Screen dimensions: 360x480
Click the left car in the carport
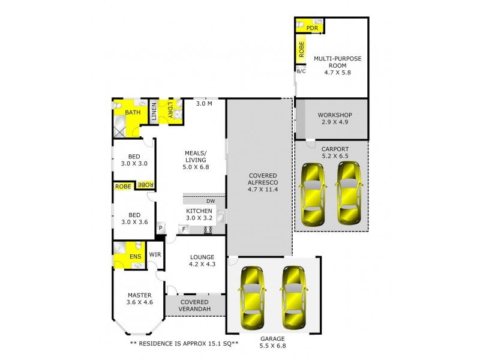[313, 193]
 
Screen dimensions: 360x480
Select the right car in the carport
[348, 193]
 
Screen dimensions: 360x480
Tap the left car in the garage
[253, 298]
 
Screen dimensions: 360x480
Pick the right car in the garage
[293, 298]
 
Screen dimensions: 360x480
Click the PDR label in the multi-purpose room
[311, 28]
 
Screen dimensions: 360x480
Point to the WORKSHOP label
[334, 115]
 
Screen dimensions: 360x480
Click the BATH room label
[133, 112]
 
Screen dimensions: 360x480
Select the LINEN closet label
[154, 112]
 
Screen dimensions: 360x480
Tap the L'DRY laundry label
[170, 111]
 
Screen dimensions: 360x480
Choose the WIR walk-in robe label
[155, 254]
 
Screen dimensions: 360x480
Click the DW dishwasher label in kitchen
[210, 201]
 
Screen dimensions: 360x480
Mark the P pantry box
[161, 228]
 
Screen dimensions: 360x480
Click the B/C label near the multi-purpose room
[301, 71]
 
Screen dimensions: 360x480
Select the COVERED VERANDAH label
[194, 305]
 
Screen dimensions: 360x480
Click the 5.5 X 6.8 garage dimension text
[273, 346]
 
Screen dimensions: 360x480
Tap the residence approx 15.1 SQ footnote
[184, 344]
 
